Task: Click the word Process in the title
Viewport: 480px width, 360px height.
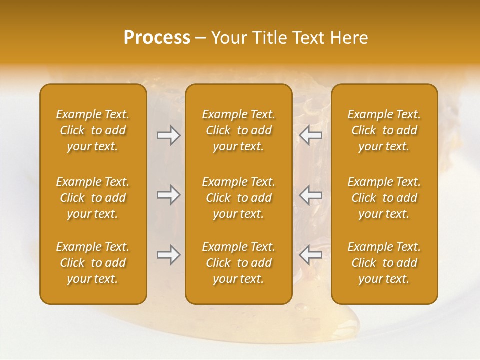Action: coord(157,38)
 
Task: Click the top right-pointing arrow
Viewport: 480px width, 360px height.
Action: coord(168,135)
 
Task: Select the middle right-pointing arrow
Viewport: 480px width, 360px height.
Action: coord(168,195)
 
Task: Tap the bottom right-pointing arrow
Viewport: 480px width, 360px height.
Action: coord(168,255)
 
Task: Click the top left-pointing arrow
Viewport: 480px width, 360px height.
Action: coord(311,135)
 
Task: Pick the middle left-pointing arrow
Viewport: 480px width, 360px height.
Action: coord(311,195)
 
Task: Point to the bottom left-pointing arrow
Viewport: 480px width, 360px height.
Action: coord(311,255)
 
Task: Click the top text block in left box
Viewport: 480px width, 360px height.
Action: coord(93,130)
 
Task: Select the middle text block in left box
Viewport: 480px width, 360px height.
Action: coord(93,198)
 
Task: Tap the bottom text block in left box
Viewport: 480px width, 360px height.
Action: coord(93,263)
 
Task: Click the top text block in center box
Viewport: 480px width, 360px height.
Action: coord(238,130)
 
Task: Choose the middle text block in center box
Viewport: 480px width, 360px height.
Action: coord(238,198)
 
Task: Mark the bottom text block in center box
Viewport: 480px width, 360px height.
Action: coord(238,263)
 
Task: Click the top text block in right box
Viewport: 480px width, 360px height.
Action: coord(384,130)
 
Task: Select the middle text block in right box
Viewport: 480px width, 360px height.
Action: coord(384,198)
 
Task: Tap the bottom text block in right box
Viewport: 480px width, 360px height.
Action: coord(384,263)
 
